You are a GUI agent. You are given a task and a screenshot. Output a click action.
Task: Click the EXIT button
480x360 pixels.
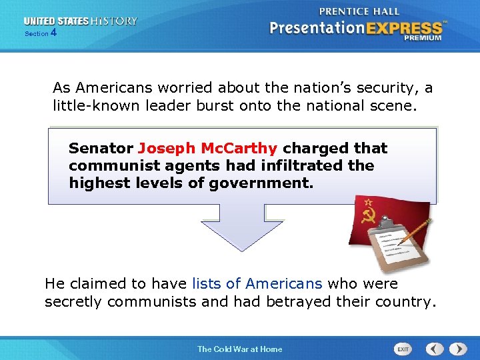403,349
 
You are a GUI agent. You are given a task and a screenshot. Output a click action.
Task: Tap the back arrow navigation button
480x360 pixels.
435,349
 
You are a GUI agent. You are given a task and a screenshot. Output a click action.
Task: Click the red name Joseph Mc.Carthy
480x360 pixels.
207,148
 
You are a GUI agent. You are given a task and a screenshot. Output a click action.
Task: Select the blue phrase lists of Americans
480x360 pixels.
257,284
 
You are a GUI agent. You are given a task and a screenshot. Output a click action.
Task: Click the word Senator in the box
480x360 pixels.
101,148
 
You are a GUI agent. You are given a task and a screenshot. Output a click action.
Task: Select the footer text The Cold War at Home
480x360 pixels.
239,349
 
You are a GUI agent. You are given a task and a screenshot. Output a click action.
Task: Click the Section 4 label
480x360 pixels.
40,33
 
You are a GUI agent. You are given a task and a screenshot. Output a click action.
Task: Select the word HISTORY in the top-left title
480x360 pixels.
115,21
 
